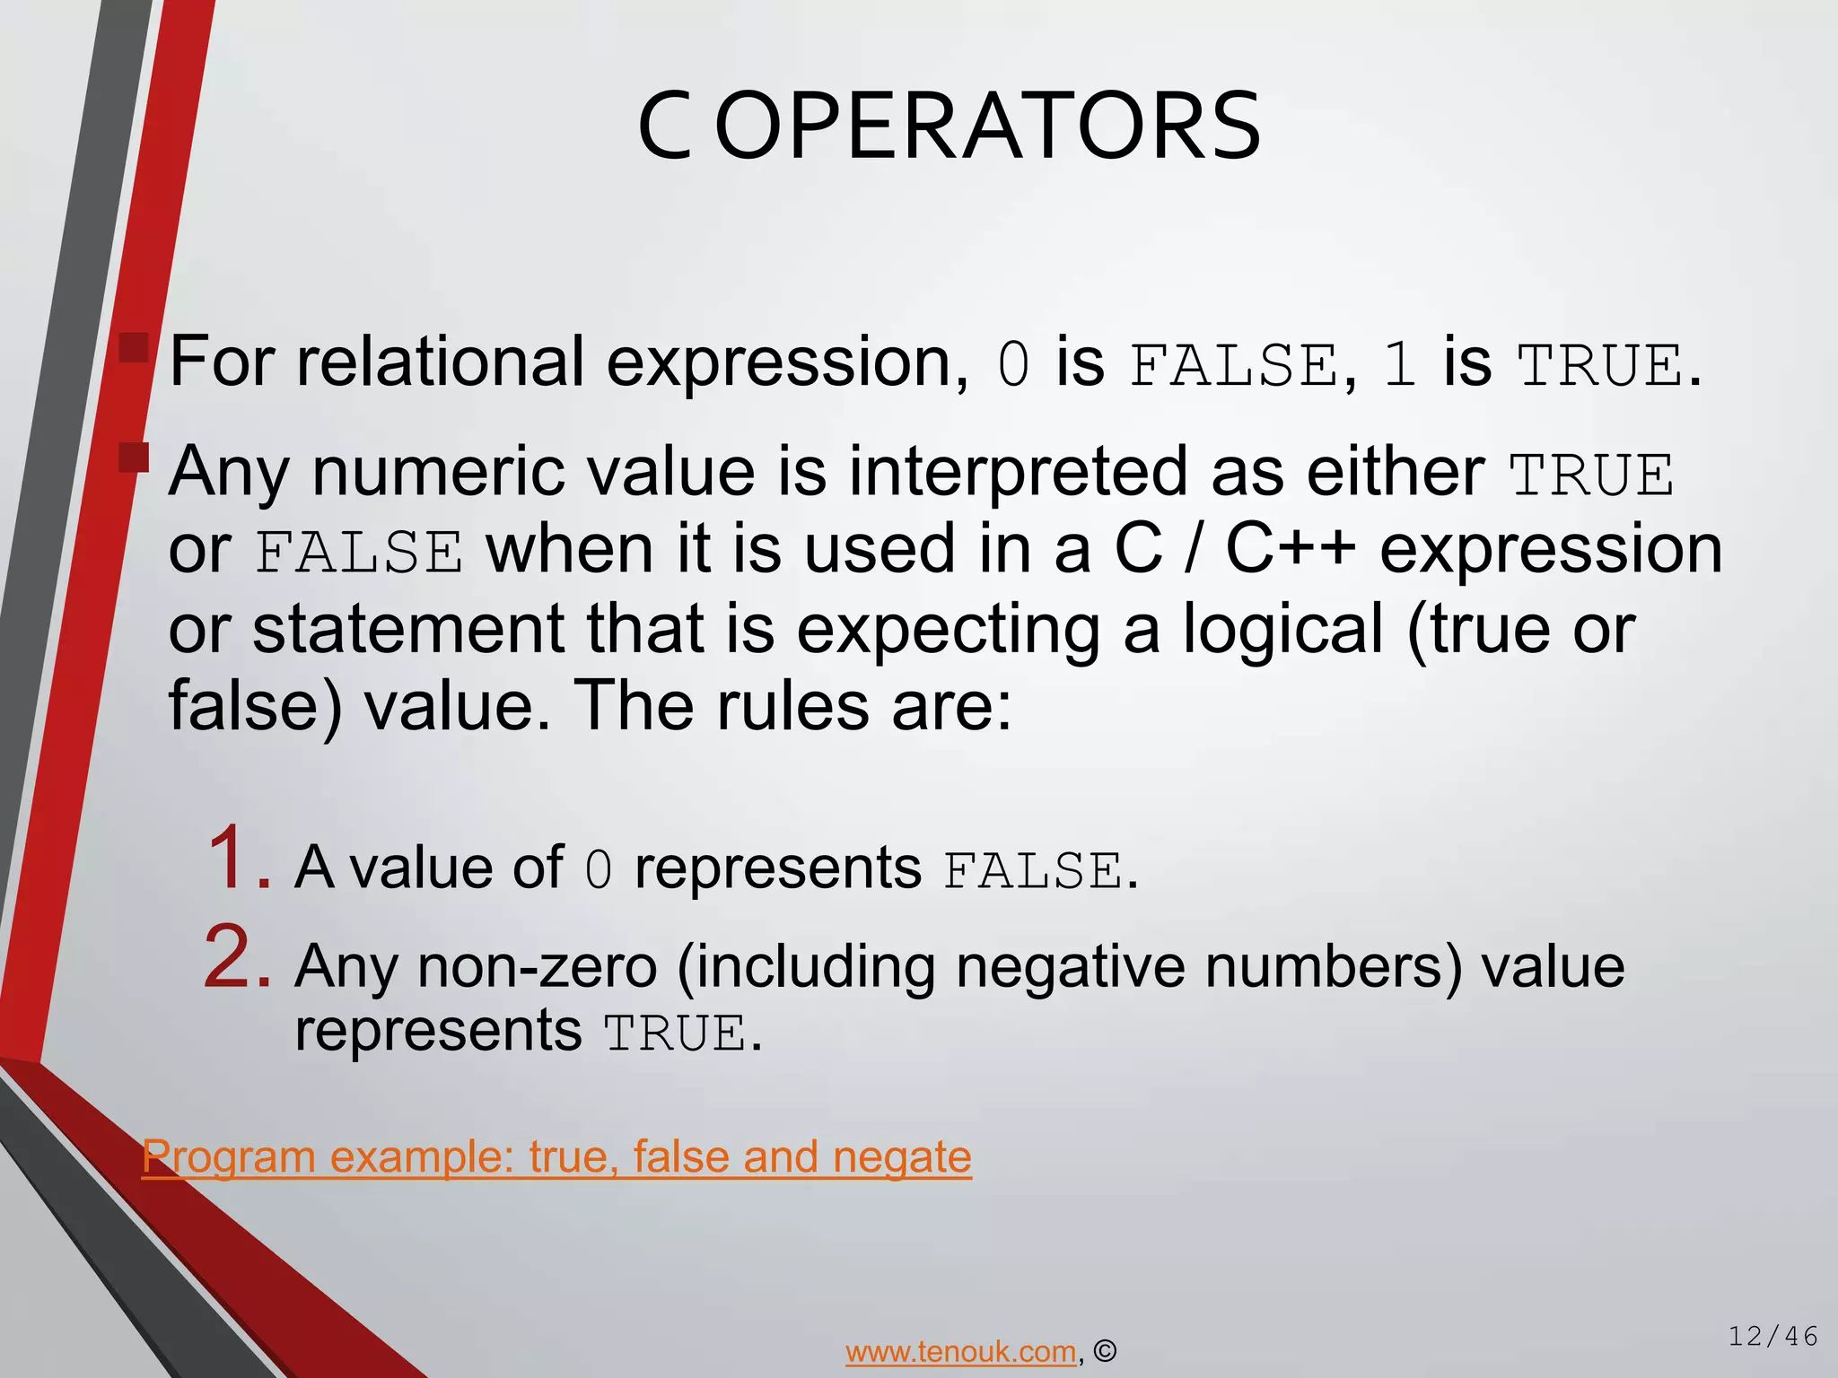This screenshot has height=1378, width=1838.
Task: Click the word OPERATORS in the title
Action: click(x=988, y=126)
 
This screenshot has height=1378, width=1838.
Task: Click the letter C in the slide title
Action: click(x=665, y=126)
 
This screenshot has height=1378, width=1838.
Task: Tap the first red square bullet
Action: click(x=134, y=348)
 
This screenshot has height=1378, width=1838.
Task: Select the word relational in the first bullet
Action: click(x=440, y=362)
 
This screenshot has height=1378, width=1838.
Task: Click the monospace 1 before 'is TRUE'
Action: click(x=1399, y=366)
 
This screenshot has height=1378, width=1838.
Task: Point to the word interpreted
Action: click(x=1018, y=472)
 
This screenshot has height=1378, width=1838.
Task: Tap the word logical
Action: click(x=1282, y=628)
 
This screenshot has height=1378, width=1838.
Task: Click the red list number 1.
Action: click(x=237, y=859)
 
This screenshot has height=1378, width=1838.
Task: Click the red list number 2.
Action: click(x=237, y=958)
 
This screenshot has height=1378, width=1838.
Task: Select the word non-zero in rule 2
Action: click(x=538, y=967)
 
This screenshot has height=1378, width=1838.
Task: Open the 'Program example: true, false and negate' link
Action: click(x=556, y=1157)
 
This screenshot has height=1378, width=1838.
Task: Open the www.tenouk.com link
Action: click(x=960, y=1351)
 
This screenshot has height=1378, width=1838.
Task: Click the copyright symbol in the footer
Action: click(x=1106, y=1351)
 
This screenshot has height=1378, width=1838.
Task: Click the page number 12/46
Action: click(x=1773, y=1337)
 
